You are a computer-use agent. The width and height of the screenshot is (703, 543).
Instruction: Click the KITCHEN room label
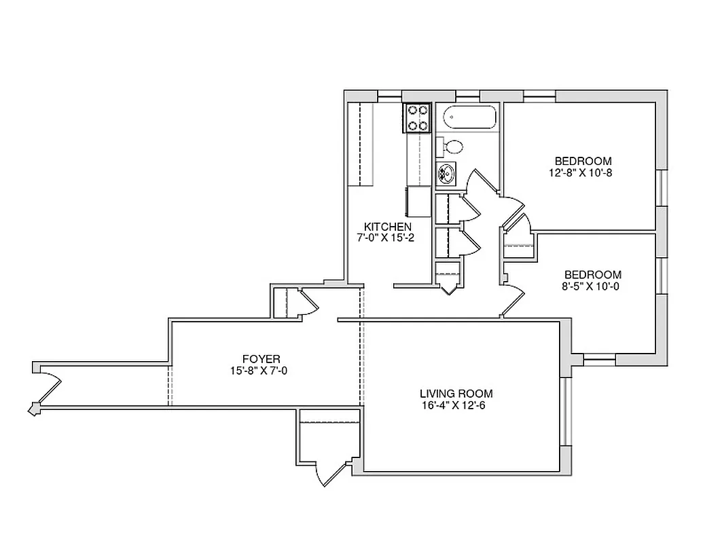387,227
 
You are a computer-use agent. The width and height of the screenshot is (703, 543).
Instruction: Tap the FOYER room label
261,359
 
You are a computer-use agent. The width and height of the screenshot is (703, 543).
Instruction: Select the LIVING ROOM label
456,394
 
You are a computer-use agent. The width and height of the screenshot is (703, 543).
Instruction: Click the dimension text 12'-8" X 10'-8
583,172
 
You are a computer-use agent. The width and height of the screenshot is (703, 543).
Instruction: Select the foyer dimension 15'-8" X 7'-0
261,371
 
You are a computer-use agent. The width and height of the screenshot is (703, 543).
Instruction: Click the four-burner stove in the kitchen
418,117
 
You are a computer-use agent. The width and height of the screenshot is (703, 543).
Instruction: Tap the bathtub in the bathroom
467,120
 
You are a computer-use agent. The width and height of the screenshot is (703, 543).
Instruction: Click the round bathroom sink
447,173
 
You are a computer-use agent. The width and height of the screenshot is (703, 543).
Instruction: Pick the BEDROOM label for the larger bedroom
583,161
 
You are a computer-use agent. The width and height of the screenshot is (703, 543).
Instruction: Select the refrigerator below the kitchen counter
419,201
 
